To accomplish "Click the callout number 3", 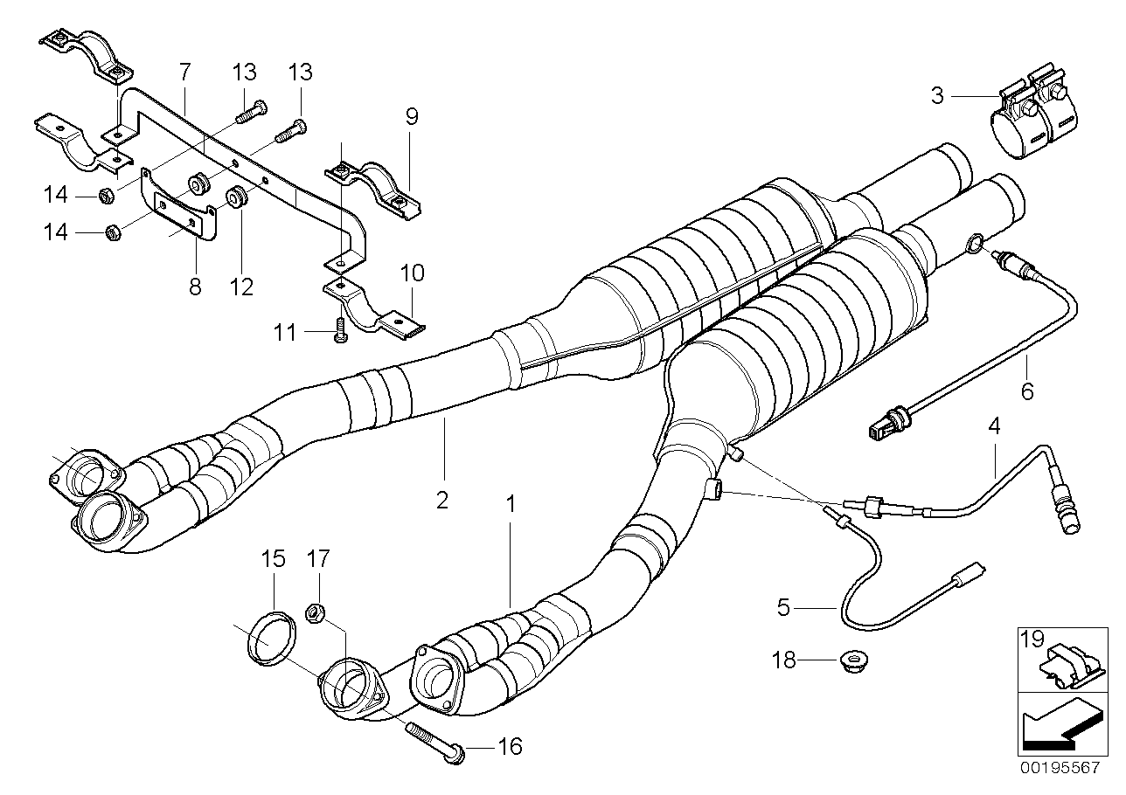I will [x=937, y=94].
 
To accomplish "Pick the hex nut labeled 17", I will [x=317, y=613].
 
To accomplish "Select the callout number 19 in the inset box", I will [x=1032, y=639].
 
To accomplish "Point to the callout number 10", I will [x=412, y=274].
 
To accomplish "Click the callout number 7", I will [x=184, y=69].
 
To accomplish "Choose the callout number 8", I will [x=195, y=286].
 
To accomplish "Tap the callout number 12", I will [x=241, y=286].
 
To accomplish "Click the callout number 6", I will [x=1027, y=390].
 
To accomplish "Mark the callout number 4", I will [x=993, y=427].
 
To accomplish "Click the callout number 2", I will [x=442, y=501].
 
